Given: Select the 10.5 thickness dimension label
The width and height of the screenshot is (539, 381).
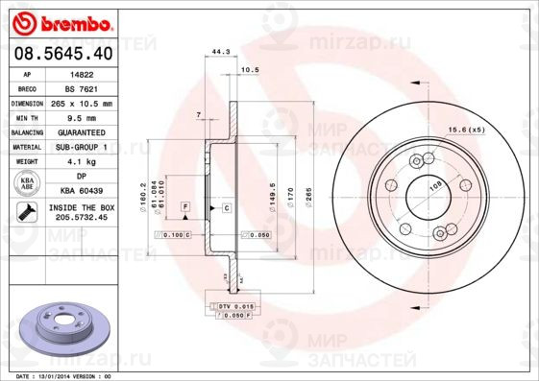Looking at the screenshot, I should coord(250,70).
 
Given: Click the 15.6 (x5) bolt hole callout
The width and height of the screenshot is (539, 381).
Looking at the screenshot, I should coord(466,129).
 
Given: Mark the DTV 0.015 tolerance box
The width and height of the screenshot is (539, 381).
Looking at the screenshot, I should coord(233,304).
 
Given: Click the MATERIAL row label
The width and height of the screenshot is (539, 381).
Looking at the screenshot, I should coord(26,147).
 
